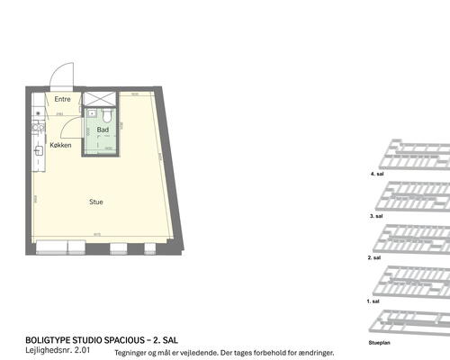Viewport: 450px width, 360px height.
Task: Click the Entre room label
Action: (62, 99)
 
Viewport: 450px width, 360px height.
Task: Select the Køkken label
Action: (60, 145)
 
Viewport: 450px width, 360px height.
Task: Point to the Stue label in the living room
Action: (95, 202)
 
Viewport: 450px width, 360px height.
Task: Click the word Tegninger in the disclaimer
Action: (131, 353)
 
